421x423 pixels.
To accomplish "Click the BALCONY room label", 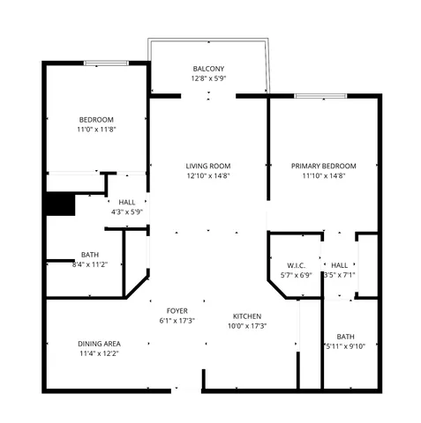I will tap(208, 69).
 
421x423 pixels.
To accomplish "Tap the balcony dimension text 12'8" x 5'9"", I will tap(208, 79).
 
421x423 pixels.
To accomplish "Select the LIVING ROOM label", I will tap(208, 166).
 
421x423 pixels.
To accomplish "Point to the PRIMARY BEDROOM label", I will tap(324, 166).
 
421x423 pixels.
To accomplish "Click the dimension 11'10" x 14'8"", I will tap(324, 176).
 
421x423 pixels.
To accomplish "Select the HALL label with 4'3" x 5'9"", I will tap(127, 203).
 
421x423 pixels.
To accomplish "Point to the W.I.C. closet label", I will tap(296, 265).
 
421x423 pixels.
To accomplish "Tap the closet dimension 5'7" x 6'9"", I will tap(296, 276).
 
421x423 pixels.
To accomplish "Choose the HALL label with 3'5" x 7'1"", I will tap(339, 265).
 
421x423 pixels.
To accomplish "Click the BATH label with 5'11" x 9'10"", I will tap(345, 336).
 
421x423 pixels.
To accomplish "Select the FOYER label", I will tap(177, 311).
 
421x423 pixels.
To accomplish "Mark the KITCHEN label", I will tap(246, 316).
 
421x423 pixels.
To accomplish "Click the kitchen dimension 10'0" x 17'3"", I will tap(246, 327).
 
